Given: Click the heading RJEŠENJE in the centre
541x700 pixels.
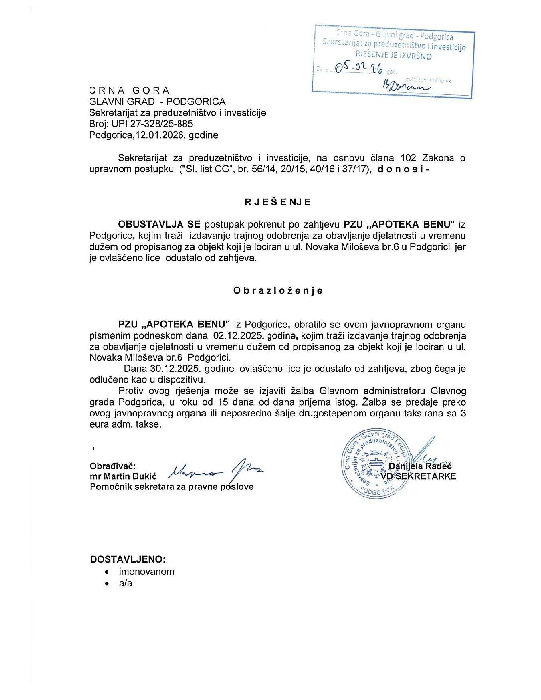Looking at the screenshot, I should (x=277, y=202).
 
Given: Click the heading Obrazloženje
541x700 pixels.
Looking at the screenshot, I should (x=277, y=291).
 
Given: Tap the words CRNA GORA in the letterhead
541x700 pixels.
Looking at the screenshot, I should (x=129, y=90).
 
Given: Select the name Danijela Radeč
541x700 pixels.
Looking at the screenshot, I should (x=420, y=466).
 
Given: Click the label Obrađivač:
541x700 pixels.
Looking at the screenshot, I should (x=113, y=466).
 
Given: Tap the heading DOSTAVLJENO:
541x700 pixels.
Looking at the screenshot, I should (x=128, y=559).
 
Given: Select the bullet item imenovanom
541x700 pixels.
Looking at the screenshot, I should (x=146, y=572).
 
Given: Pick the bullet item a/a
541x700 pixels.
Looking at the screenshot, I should (x=126, y=583).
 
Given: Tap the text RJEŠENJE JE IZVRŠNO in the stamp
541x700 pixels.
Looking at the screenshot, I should (x=393, y=56).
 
